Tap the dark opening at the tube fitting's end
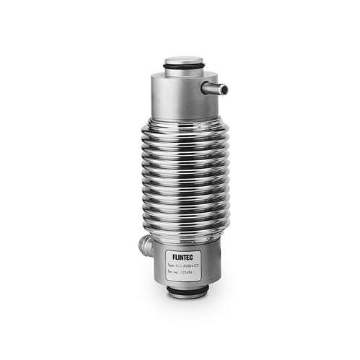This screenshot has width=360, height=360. coord(225,90)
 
